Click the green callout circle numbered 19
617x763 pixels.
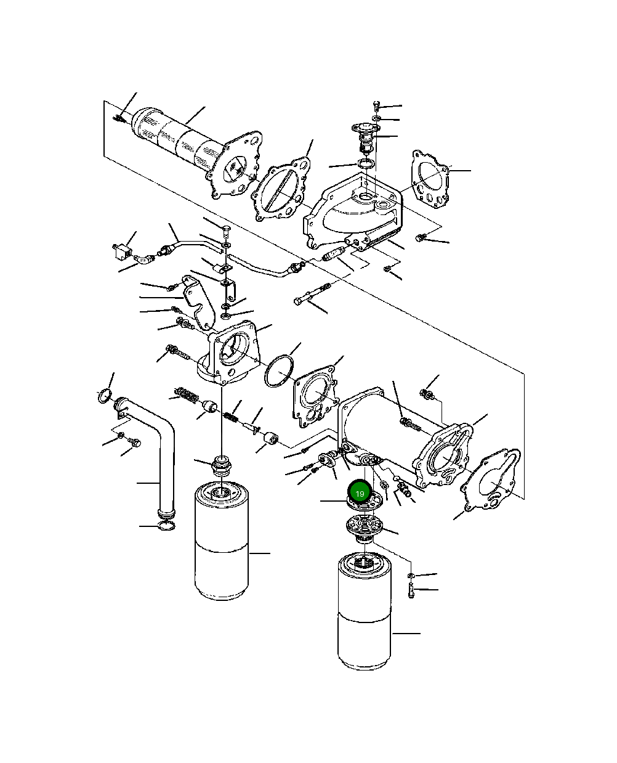click(x=360, y=494)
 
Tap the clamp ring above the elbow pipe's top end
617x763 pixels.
click(x=105, y=396)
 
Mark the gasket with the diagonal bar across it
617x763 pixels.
click(x=281, y=189)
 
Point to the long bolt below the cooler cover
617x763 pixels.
click(x=313, y=294)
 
